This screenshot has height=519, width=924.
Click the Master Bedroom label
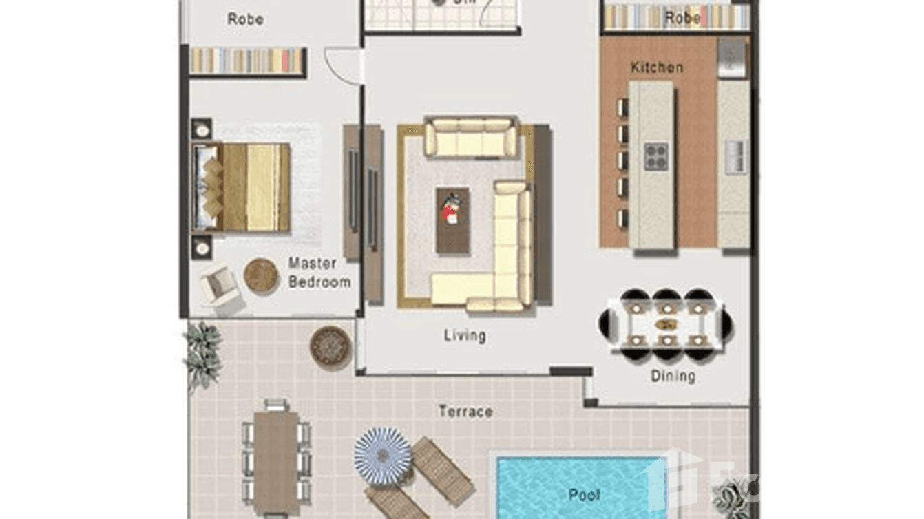point(319,273)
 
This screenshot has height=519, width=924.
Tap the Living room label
point(465,335)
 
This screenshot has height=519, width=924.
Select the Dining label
point(673,376)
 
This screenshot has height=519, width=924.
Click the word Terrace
point(465,412)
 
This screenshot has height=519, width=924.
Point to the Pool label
point(584,494)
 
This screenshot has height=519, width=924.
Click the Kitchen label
point(657,67)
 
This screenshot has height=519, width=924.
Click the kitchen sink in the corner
point(731,58)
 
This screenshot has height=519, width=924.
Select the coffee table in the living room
point(453,220)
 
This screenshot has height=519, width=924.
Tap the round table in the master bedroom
point(261,275)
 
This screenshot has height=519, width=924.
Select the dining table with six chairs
point(665,324)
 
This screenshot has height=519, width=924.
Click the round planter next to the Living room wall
point(330,346)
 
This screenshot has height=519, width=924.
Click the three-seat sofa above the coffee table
point(470,138)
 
